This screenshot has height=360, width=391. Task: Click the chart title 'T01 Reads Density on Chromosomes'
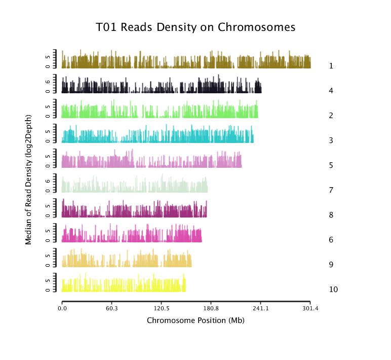pos(195,27)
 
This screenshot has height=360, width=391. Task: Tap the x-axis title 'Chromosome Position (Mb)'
pos(195,320)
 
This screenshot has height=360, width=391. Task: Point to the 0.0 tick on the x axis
pos(62,308)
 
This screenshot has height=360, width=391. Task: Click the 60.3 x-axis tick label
pos(111,308)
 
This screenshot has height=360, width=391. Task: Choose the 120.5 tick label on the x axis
pos(161,308)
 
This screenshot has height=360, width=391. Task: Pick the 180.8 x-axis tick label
pos(211,308)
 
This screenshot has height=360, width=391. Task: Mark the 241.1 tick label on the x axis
pos(260,308)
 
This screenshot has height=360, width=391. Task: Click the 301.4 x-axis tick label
pos(310,308)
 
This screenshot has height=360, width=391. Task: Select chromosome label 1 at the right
pos(331,66)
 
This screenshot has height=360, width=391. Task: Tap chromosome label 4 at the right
pos(331,91)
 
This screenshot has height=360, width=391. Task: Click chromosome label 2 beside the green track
pos(331,116)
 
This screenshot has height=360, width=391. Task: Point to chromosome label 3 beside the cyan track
pos(331,140)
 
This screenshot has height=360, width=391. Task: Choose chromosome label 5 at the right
pos(331,165)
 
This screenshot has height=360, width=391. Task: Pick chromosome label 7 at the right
pos(331,190)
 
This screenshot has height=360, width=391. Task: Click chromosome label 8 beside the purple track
pos(331,215)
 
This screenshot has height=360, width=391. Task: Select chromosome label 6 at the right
pos(331,240)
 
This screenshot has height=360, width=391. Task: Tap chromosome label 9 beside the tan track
pos(331,265)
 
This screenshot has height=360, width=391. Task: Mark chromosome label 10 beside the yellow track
pos(333,290)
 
